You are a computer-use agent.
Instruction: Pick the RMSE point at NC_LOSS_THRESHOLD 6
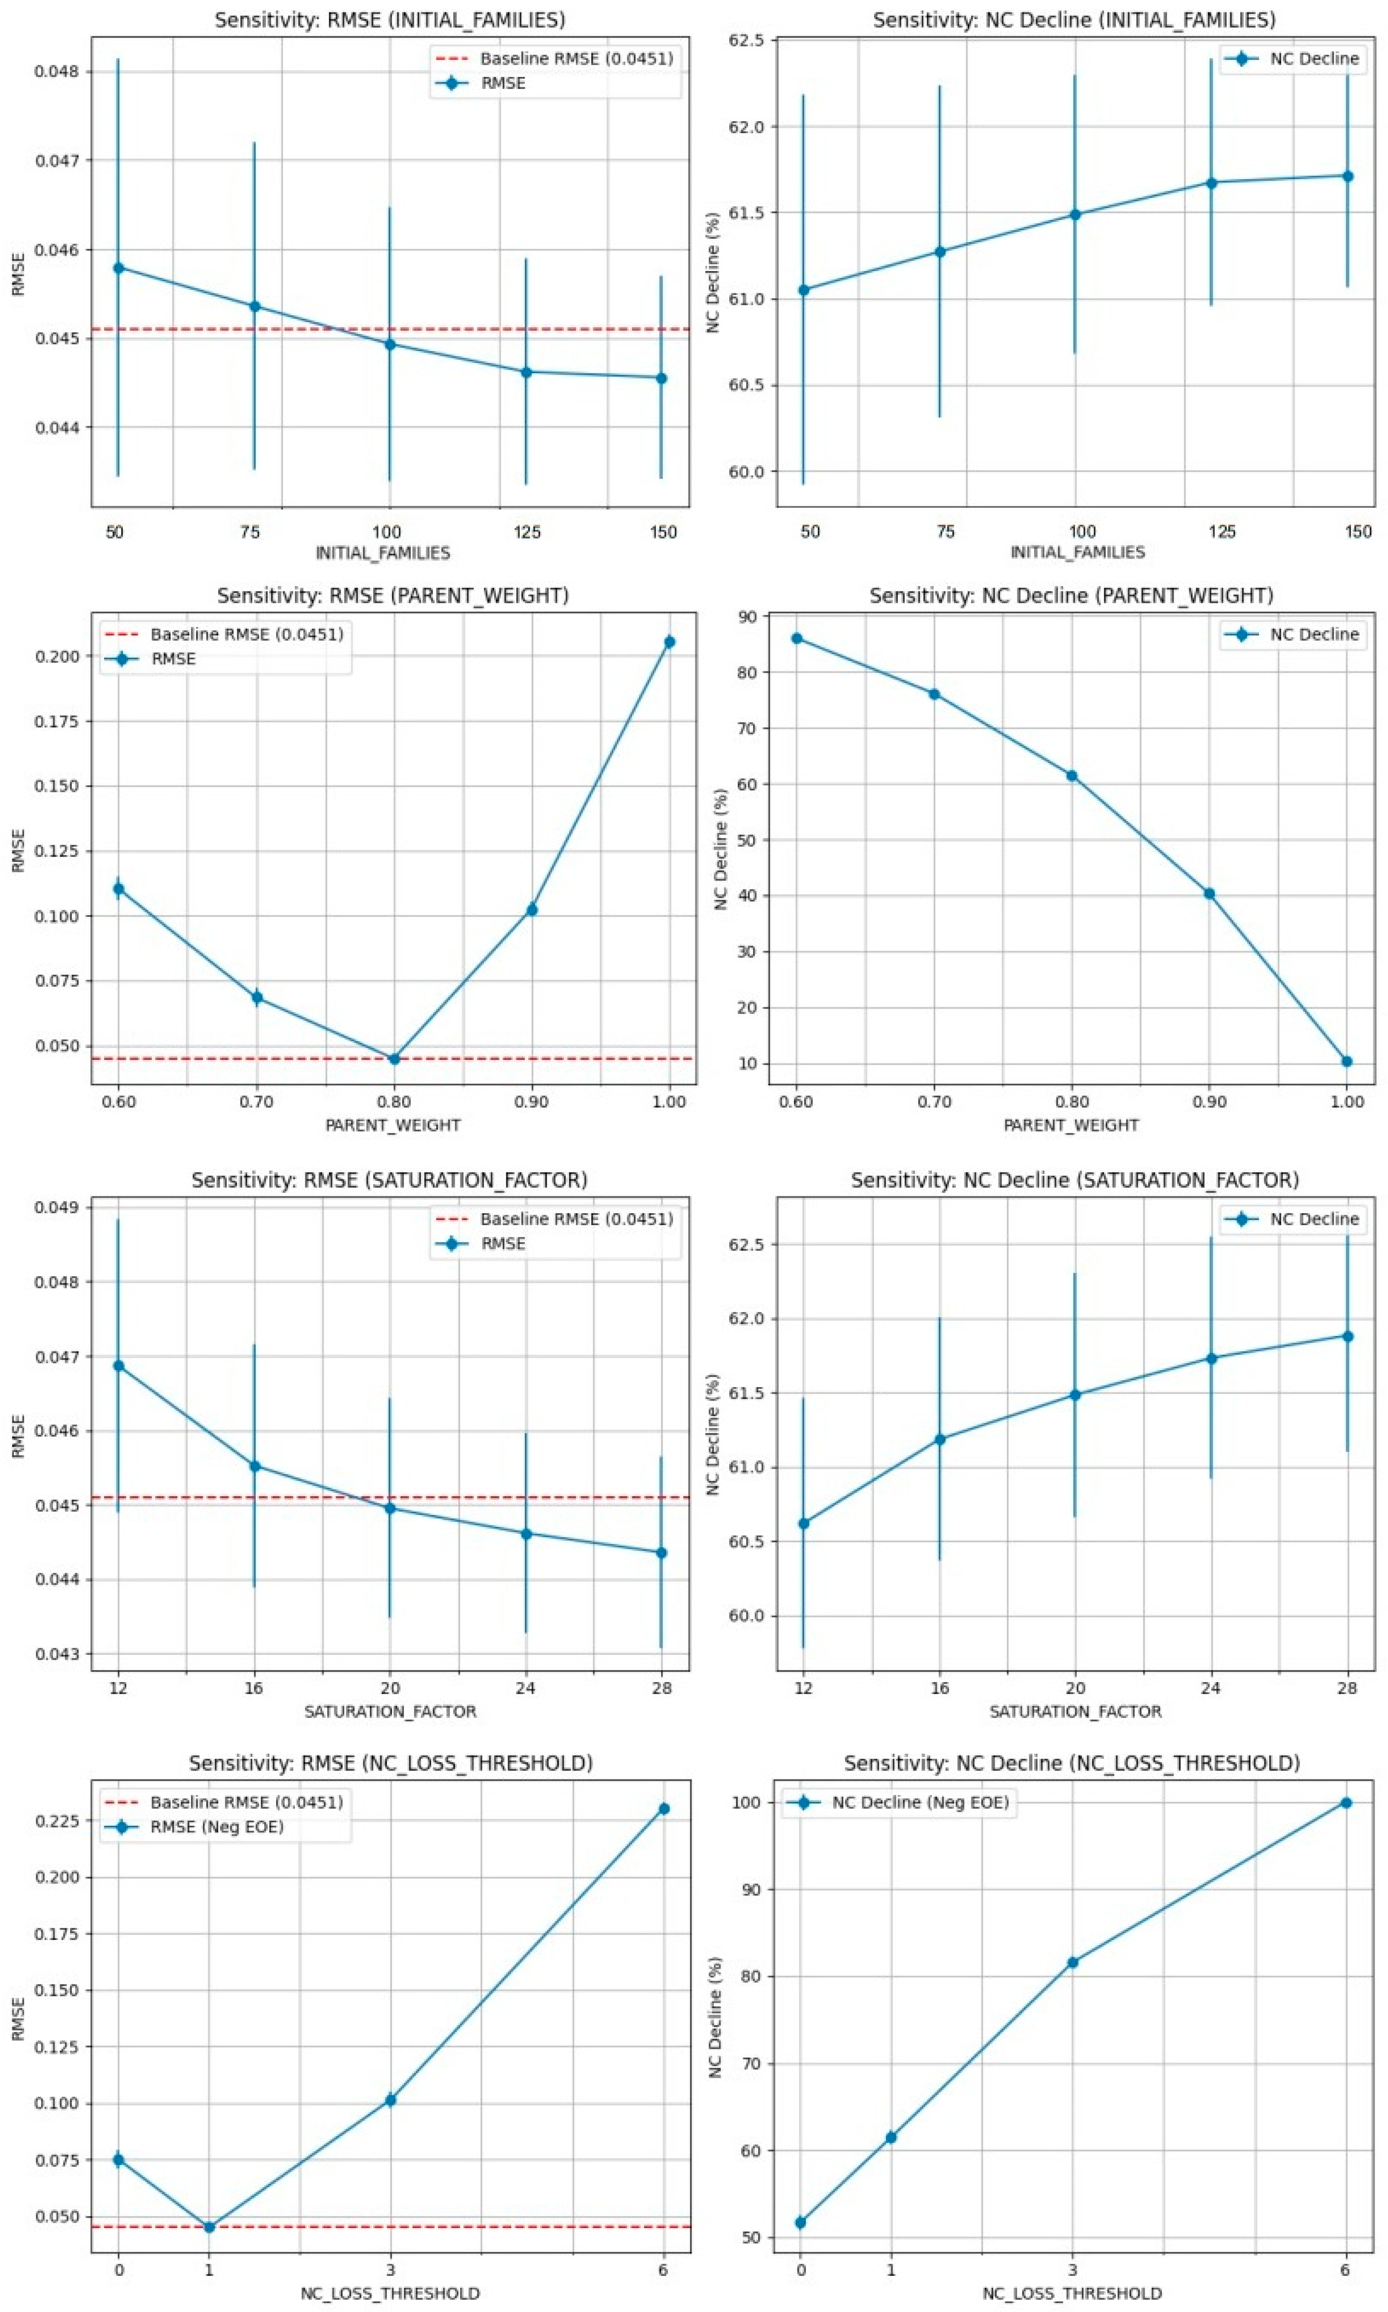(x=663, y=1809)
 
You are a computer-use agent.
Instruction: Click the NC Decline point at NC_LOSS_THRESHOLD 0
(x=800, y=2222)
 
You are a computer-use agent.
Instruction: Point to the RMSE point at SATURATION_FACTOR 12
(x=118, y=1366)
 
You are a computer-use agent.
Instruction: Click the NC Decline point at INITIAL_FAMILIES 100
(x=1075, y=214)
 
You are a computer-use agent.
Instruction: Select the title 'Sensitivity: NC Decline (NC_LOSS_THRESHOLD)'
(x=1072, y=1763)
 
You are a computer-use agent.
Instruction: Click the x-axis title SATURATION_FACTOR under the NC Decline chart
(x=1076, y=1711)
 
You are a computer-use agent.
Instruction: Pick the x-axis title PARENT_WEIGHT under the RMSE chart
(x=393, y=1125)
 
